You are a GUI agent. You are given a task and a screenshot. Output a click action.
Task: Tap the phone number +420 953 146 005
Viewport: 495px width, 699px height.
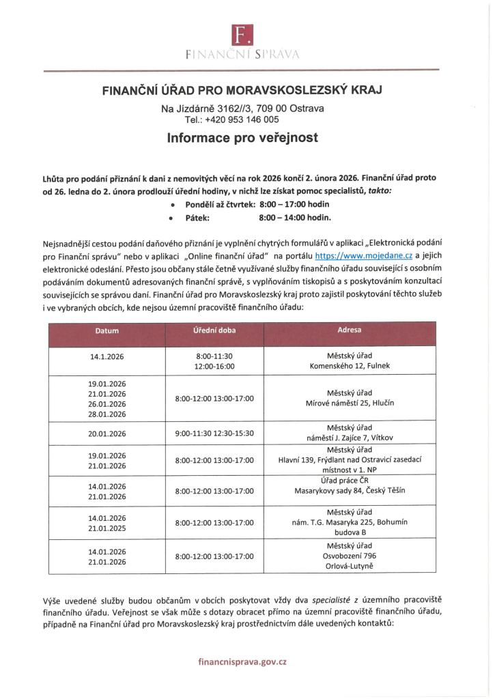[x=247, y=119]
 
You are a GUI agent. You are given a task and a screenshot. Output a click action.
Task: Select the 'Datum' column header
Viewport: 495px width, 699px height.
[x=107, y=331]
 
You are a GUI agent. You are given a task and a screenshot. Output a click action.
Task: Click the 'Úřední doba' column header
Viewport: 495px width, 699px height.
[x=214, y=331]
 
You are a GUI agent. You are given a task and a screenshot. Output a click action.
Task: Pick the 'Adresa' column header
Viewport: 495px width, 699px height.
[x=350, y=331]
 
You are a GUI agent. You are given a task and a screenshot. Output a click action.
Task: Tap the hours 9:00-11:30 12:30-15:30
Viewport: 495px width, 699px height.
[x=214, y=433]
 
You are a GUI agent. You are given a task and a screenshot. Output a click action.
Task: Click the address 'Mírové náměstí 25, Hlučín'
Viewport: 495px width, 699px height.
[x=350, y=403]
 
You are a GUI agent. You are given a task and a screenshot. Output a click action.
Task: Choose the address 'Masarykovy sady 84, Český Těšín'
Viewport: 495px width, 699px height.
[x=350, y=490]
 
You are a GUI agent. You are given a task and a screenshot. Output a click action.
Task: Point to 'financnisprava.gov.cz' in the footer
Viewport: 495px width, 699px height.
[x=242, y=661]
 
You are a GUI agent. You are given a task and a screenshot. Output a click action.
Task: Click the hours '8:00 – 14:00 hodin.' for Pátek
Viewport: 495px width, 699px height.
[x=295, y=218]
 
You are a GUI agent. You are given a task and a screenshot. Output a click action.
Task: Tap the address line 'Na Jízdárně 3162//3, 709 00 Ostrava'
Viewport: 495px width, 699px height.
[x=242, y=109]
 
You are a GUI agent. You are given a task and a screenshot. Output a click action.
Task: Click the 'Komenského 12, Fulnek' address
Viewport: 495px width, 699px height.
[x=350, y=366]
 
